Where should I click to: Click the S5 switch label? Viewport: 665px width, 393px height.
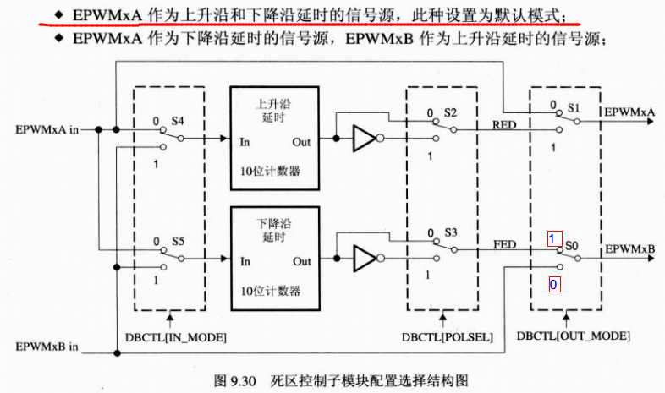coord(178,242)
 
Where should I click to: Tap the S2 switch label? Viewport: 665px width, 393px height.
coord(449,113)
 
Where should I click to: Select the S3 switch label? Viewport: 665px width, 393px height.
coord(450,232)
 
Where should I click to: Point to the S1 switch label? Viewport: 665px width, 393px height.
coord(574,108)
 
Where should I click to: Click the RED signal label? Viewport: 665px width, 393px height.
coord(503,123)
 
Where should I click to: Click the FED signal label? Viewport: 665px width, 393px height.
coord(504,244)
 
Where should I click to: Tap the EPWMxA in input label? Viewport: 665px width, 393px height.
coord(47,129)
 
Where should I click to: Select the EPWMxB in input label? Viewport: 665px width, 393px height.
coord(47,346)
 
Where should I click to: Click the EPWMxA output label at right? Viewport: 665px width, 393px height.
coord(627,112)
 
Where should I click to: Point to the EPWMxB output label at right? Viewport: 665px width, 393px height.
coord(627,249)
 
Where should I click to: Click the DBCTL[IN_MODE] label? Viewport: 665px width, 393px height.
coord(175,336)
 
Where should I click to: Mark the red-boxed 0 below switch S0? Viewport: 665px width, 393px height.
coord(553,285)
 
